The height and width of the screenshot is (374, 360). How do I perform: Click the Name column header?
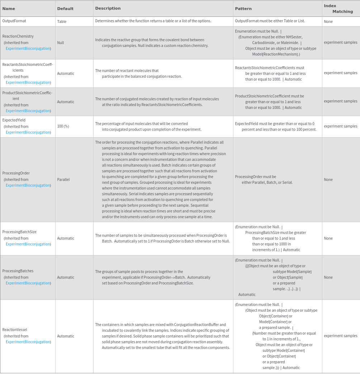(x=9, y=8)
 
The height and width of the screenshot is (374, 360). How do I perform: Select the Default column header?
(x=65, y=9)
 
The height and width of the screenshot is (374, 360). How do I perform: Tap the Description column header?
(x=108, y=8)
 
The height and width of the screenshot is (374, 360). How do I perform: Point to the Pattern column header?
(x=243, y=9)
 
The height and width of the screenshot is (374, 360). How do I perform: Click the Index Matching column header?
(x=338, y=9)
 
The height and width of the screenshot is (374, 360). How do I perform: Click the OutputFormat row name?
(x=14, y=21)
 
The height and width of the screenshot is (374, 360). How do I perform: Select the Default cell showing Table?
(x=62, y=21)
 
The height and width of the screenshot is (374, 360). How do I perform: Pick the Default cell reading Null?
(x=60, y=43)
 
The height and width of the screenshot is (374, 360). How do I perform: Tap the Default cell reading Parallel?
(x=63, y=179)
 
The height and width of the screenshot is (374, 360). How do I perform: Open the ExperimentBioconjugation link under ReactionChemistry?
(x=28, y=48)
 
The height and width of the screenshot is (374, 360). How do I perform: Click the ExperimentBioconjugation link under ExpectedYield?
(x=28, y=132)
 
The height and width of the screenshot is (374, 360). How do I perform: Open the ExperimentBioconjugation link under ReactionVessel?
(x=28, y=342)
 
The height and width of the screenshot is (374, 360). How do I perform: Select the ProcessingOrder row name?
(x=16, y=173)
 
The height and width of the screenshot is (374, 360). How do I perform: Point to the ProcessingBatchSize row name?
(x=19, y=232)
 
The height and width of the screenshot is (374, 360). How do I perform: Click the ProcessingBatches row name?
(x=18, y=271)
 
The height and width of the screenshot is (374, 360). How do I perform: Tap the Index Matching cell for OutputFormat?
(x=328, y=21)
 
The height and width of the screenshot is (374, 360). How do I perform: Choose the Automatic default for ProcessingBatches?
(x=66, y=277)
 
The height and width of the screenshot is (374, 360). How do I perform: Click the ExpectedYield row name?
(x=14, y=120)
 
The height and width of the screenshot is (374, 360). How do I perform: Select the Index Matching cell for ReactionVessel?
(x=340, y=336)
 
